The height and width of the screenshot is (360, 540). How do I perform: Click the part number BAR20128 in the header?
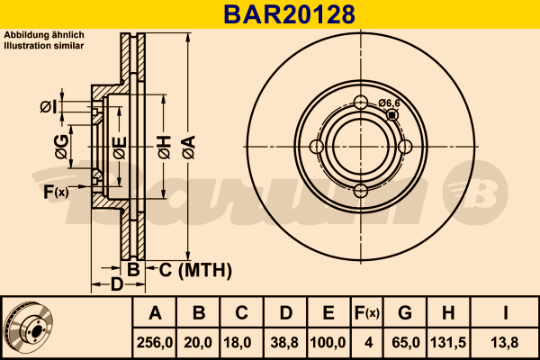pos(289,14)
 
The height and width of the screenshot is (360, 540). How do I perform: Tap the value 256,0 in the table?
pos(155,342)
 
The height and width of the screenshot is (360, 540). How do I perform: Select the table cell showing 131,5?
pos(448,342)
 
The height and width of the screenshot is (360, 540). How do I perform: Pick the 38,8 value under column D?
pos(284,342)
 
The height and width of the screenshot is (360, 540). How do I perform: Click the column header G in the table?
pos(405,313)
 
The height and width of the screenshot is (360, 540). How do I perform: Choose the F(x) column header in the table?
pos(367,313)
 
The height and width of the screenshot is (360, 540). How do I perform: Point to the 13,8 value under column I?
pos(505,342)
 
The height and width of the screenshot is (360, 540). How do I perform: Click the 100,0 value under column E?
pos(328,342)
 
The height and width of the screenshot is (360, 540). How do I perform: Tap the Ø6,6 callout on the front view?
pos(389,103)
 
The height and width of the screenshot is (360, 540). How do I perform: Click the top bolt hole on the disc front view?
pos(361,102)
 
